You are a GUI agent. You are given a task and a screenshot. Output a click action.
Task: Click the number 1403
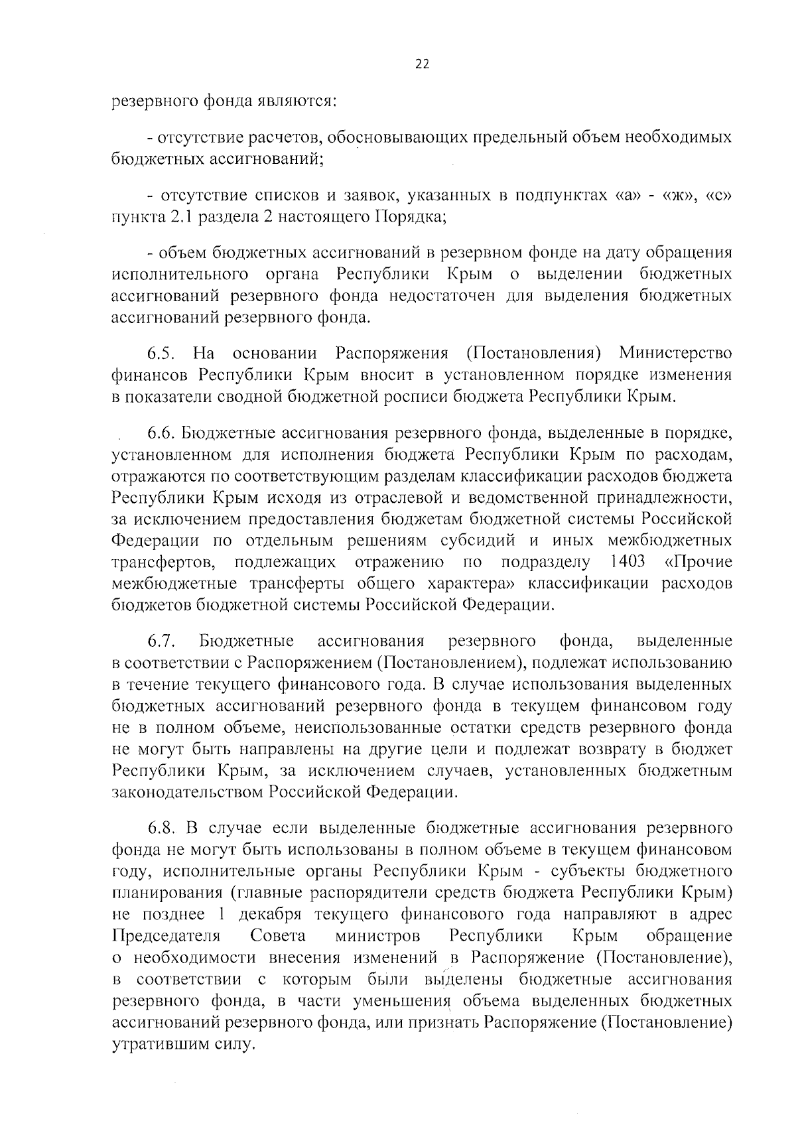[x=626, y=562]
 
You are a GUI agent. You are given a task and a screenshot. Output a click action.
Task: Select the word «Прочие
[x=698, y=562]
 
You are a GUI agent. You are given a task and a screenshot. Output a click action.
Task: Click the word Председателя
[x=166, y=936]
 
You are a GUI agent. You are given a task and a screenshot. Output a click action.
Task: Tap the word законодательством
[x=188, y=792]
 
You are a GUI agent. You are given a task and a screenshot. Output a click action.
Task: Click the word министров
[x=377, y=936]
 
